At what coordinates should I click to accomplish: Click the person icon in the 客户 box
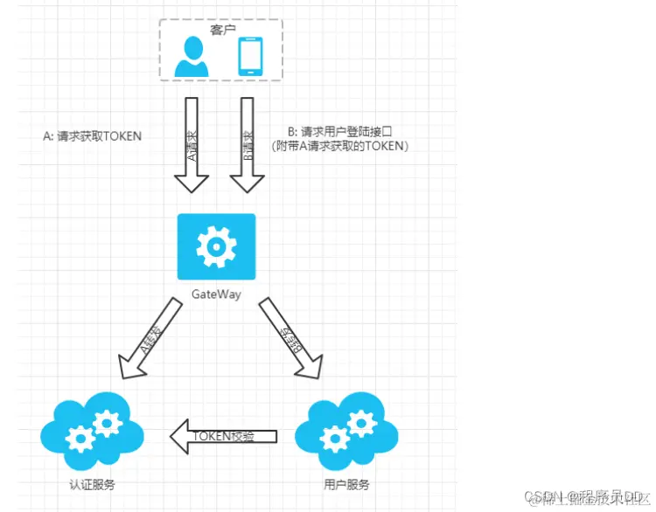(191, 56)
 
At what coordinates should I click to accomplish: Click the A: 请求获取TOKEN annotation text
(92, 137)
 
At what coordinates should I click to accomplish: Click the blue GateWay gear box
(216, 246)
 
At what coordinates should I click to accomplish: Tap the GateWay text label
(216, 293)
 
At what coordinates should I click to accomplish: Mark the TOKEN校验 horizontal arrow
(223, 435)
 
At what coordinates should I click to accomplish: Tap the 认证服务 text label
(92, 484)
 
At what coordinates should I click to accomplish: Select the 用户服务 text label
(347, 484)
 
